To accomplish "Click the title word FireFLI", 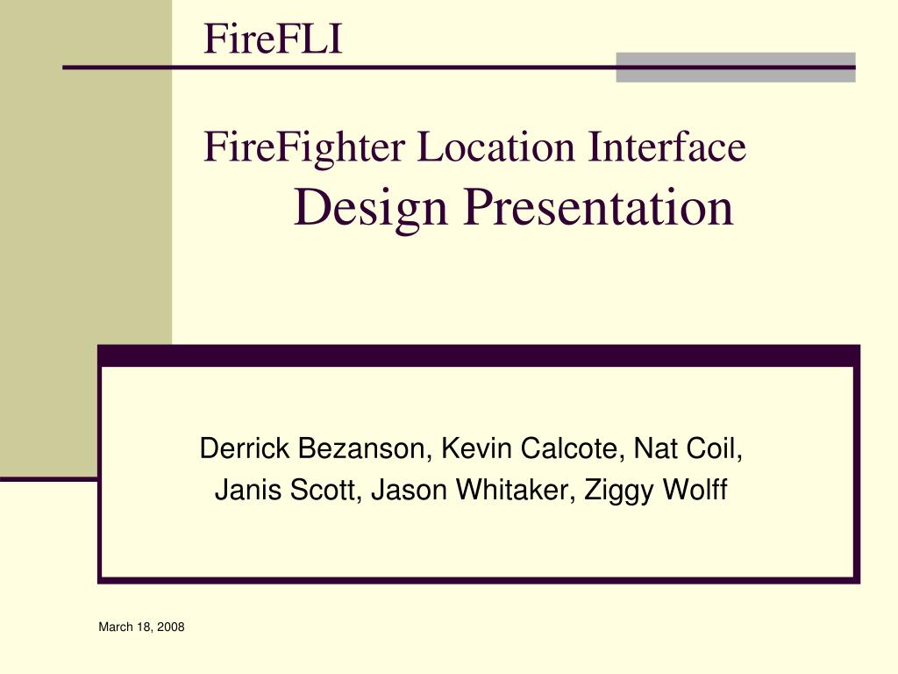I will (273, 40).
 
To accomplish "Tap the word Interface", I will (667, 147).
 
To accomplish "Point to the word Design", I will (370, 208).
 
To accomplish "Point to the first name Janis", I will (239, 491).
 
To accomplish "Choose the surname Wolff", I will (695, 491).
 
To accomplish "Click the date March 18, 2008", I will (141, 627).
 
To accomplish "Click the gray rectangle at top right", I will (735, 68).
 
